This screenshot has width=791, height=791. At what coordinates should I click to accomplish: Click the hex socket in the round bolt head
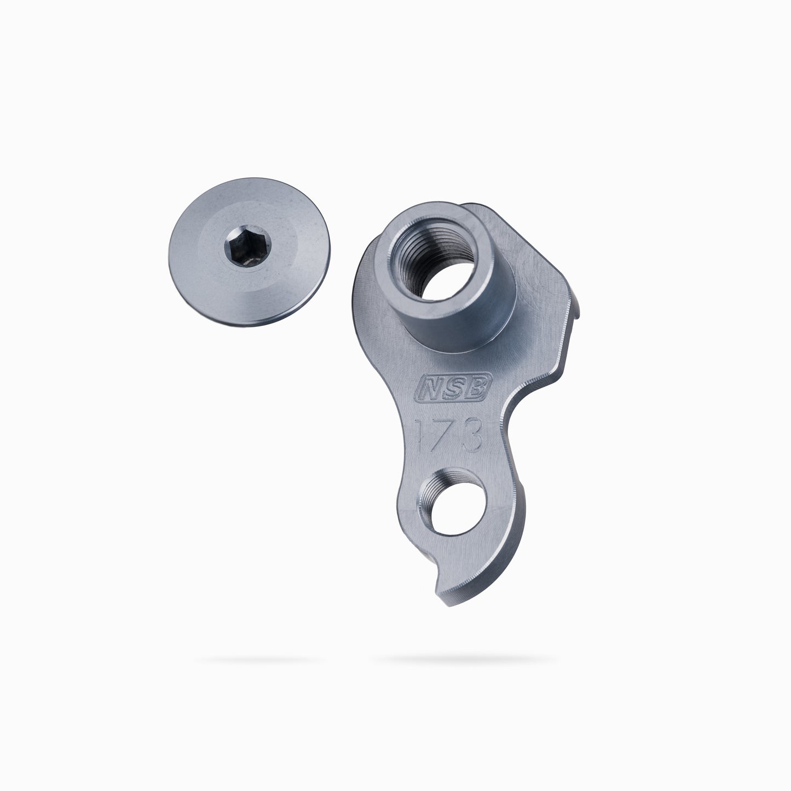pos(247,247)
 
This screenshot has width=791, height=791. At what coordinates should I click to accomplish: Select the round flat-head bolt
pos(249,252)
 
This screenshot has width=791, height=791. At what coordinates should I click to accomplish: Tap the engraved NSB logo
pos(453,386)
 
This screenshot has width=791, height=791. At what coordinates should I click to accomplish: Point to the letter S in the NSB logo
pos(454,387)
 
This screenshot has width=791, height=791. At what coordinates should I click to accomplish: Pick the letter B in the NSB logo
pos(477,386)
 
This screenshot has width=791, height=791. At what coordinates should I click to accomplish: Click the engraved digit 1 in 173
pos(421,435)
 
